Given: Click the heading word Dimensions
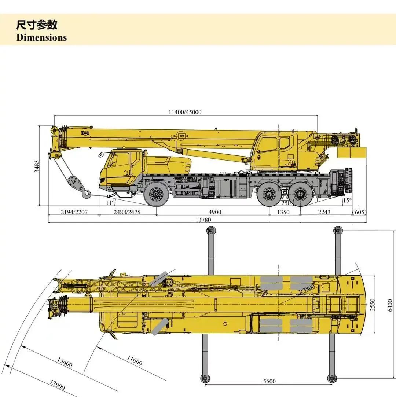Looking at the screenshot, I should (x=41, y=37).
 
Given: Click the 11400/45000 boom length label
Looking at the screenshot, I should (x=185, y=112).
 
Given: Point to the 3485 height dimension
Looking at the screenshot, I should (x=37, y=166).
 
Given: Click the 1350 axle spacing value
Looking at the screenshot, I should (x=283, y=212).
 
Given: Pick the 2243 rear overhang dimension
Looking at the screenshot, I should (x=324, y=212).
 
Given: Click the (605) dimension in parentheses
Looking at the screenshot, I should (x=359, y=212).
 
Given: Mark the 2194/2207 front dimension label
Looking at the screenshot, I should (x=74, y=212).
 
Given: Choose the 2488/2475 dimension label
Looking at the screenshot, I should (x=127, y=212).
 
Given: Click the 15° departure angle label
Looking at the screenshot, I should (x=347, y=201).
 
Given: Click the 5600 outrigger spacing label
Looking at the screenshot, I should (x=269, y=381).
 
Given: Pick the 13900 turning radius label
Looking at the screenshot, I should (x=57, y=385).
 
